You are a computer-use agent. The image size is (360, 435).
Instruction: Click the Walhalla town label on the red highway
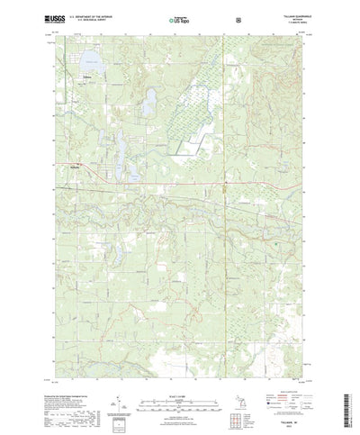tap(77, 165)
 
